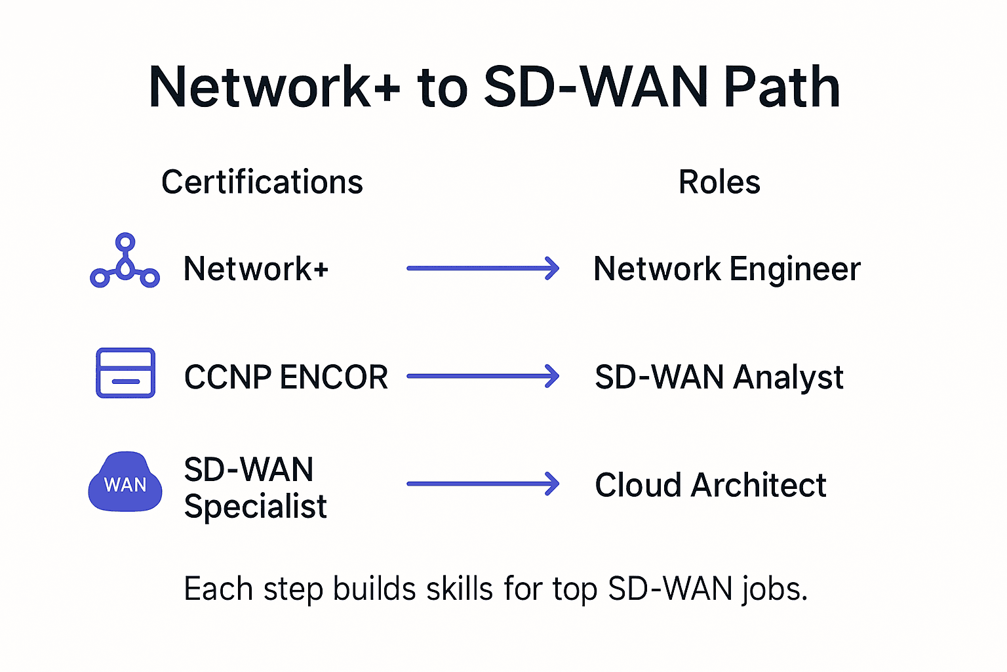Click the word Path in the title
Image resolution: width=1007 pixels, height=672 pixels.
click(781, 87)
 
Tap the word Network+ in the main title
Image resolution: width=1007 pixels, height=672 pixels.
click(273, 87)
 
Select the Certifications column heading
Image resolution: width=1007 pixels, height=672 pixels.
click(262, 182)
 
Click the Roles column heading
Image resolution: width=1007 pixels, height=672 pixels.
click(719, 182)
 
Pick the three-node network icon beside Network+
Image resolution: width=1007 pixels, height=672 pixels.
click(125, 262)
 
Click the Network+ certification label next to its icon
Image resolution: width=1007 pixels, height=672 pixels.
click(256, 268)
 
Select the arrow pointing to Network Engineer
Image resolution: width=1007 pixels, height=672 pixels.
click(483, 268)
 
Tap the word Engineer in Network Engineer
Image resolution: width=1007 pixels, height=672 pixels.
click(795, 269)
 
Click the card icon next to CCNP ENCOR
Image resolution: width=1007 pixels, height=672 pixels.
click(125, 373)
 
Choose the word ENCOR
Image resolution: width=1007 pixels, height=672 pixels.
click(334, 377)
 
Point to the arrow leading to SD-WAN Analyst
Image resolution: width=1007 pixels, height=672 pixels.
click(483, 376)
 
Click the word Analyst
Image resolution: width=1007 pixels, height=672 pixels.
click(788, 378)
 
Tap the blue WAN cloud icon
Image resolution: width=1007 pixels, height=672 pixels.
click(125, 482)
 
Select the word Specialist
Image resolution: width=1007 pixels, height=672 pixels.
click(255, 507)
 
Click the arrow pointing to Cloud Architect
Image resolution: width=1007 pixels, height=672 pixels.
click(483, 484)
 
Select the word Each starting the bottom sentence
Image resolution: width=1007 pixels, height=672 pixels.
click(218, 589)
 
